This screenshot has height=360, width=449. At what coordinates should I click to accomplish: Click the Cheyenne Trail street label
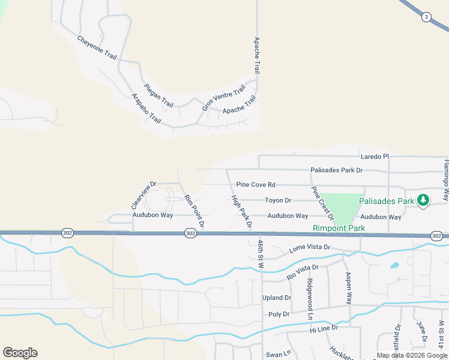coord(97,47)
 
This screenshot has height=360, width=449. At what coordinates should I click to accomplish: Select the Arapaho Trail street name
coord(146,108)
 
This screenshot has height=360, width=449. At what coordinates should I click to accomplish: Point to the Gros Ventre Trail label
coord(224,98)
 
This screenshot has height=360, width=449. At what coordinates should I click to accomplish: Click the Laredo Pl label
coord(375,157)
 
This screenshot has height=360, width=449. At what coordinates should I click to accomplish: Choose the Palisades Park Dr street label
coord(337,170)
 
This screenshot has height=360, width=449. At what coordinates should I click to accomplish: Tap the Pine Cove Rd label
coord(256,185)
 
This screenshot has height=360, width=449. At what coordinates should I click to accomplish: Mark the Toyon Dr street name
coord(278,200)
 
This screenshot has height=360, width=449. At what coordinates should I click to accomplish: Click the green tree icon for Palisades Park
coord(423,200)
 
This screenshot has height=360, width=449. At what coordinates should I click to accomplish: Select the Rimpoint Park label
coord(339,228)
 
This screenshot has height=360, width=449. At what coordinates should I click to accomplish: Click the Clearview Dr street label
coord(144,196)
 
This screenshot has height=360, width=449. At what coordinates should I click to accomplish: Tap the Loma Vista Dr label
coord(310,247)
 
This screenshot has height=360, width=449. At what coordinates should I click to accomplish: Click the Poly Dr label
coord(279,314)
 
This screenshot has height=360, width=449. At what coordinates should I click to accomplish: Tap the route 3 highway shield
coord(426,17)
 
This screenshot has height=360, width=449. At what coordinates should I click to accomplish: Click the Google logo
coord(20,353)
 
